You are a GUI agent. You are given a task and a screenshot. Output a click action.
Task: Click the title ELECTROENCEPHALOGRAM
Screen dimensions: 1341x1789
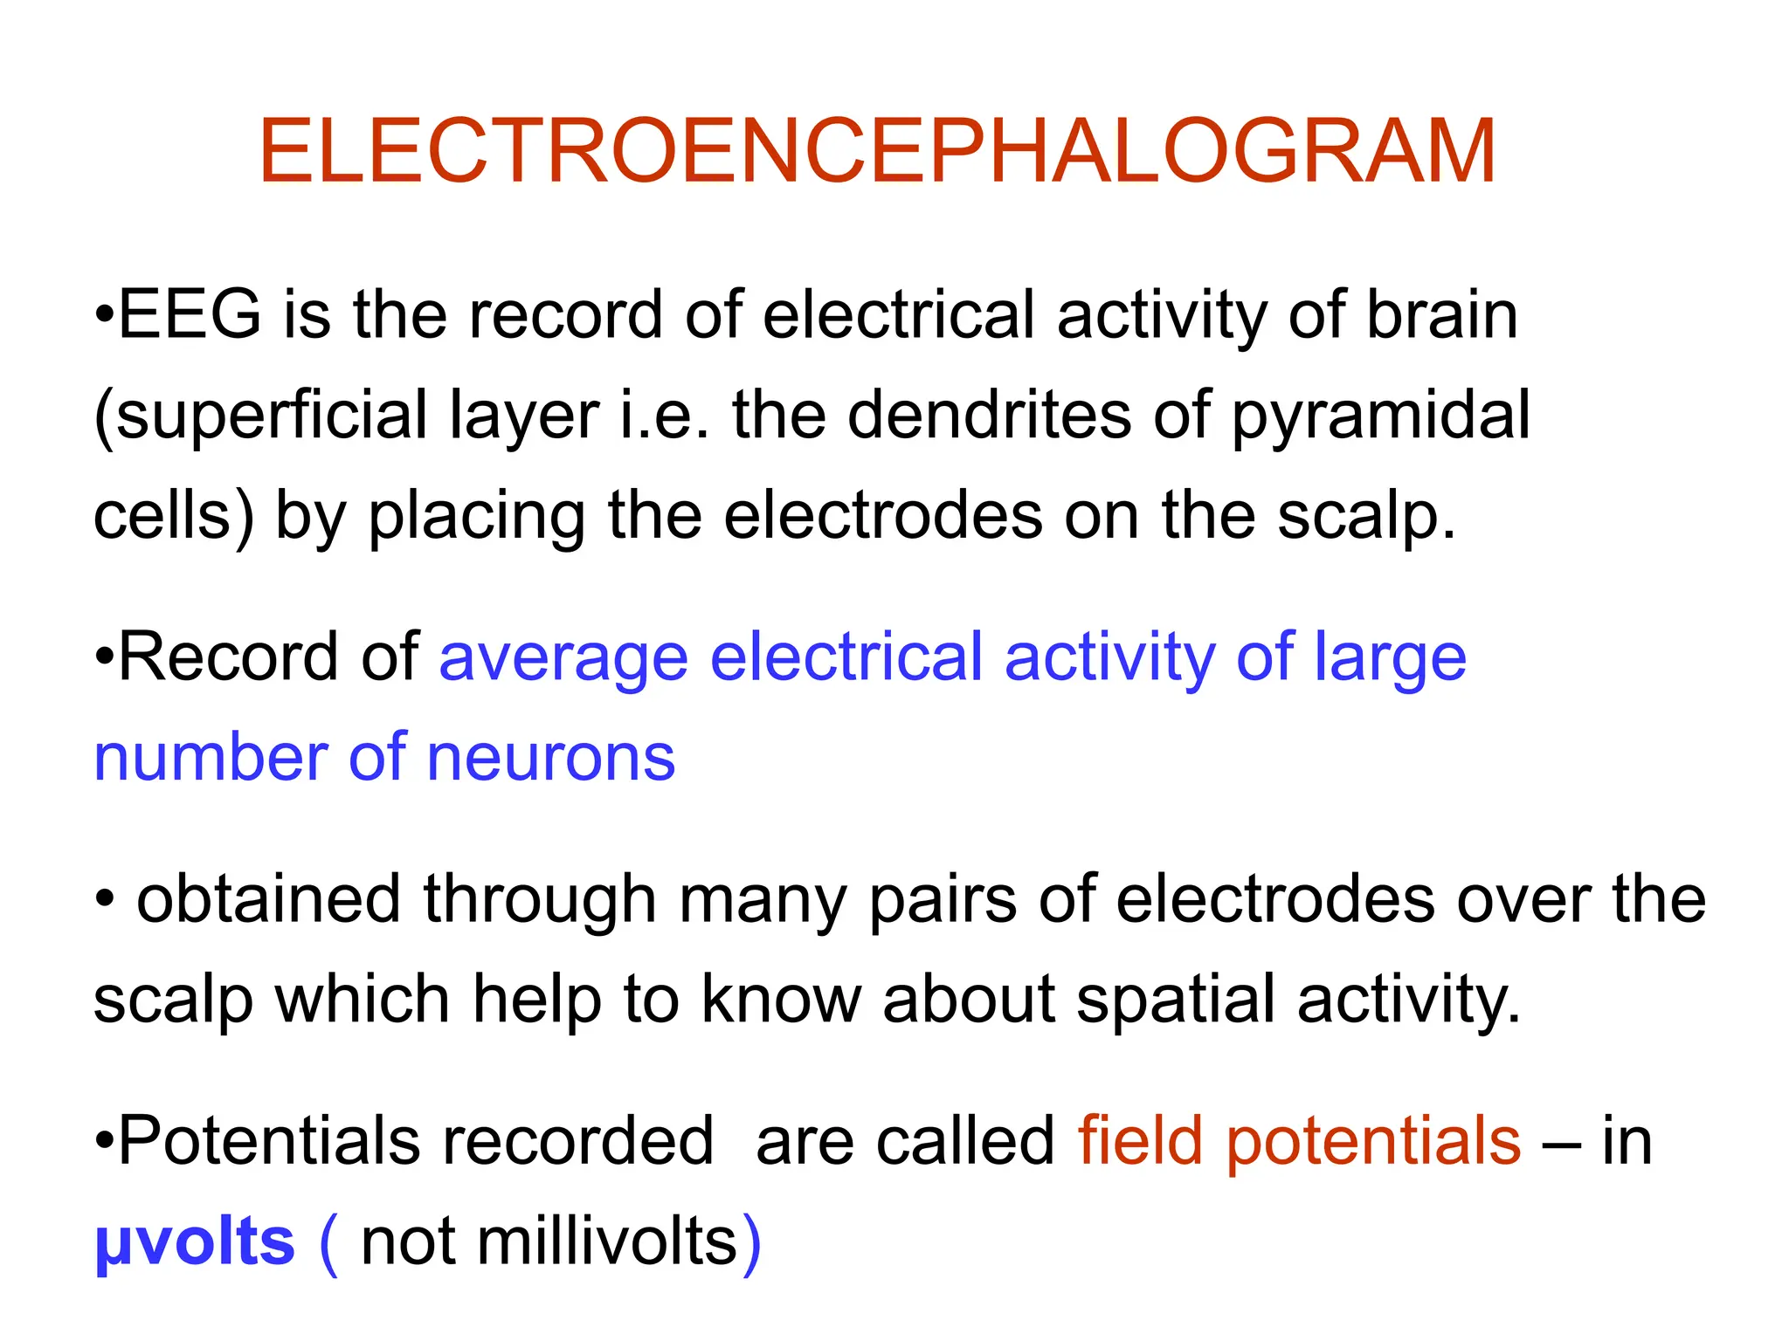tap(877, 152)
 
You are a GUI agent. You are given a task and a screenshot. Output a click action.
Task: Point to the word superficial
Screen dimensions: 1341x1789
tap(271, 416)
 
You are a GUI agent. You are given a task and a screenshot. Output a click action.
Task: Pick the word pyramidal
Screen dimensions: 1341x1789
tap(1381, 417)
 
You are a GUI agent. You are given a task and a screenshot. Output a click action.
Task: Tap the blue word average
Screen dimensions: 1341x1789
tap(563, 658)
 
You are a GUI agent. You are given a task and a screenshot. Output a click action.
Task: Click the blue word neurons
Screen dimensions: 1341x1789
tap(550, 757)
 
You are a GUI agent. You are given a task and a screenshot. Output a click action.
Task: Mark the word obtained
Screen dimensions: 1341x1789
tap(268, 899)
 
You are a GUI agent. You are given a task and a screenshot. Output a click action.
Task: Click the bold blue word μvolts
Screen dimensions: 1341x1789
tap(195, 1241)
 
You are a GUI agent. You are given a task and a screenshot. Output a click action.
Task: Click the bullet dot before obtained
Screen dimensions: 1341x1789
tap(105, 898)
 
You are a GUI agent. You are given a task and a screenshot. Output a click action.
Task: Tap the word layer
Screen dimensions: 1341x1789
tap(524, 417)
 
